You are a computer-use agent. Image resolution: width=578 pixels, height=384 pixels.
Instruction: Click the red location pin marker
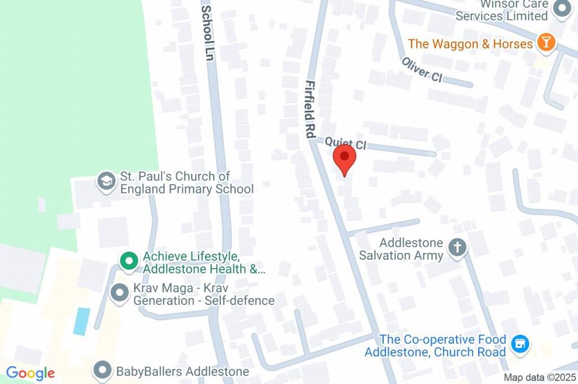click(344, 159)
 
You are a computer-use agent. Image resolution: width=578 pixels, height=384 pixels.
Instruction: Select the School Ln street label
click(208, 34)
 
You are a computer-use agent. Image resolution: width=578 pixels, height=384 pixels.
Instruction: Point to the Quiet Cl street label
click(345, 143)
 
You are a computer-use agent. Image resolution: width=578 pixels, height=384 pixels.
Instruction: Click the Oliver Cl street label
click(422, 69)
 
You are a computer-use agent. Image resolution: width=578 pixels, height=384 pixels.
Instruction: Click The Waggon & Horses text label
click(470, 43)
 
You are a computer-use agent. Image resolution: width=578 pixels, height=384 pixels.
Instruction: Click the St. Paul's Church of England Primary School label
click(186, 182)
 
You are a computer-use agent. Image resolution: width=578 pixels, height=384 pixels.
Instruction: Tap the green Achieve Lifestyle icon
click(129, 261)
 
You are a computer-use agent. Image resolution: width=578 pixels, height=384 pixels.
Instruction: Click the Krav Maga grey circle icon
click(120, 293)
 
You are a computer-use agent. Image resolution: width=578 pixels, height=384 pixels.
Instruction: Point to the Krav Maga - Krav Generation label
click(204, 294)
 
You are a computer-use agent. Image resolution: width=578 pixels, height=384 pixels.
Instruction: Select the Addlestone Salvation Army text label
click(401, 249)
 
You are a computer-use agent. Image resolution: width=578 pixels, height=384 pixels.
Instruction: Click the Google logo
click(30, 373)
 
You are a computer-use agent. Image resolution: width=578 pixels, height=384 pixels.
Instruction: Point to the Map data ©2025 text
click(540, 377)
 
